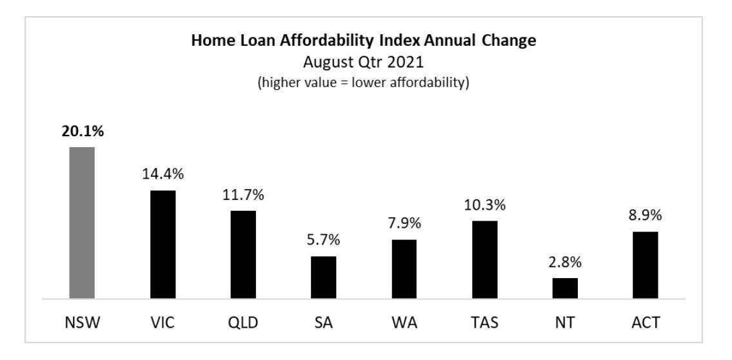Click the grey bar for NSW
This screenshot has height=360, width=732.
coord(82,223)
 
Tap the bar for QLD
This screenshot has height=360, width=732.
coord(242,254)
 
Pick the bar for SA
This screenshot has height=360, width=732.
coord(323,277)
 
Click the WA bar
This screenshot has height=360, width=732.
coord(404,269)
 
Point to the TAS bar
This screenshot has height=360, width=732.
coord(484,259)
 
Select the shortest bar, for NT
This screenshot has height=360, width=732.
coord(565,288)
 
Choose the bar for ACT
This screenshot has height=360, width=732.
coord(645,265)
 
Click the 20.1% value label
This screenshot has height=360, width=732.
coord(82,131)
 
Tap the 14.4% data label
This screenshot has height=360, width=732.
coord(163,174)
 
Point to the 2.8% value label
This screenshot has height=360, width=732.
coord(565,262)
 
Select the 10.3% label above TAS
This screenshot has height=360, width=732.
coord(484,205)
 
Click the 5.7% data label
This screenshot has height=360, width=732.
coord(323,240)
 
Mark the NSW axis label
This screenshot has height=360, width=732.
coord(82,323)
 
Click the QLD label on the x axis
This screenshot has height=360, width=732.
coord(242,323)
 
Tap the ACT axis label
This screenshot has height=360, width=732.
coord(645,323)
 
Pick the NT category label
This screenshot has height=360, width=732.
coord(565,323)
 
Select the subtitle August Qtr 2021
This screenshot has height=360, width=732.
coord(364,63)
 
